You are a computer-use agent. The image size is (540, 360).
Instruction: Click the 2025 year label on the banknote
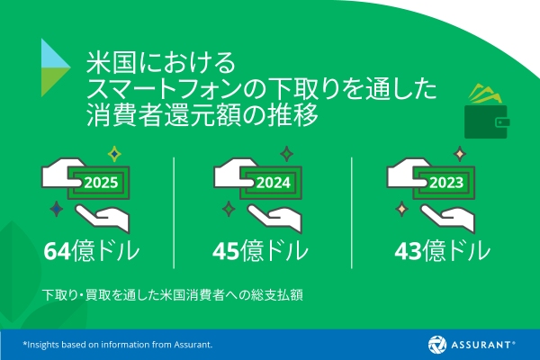coord(101,183)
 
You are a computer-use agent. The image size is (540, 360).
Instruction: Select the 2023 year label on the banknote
coord(446,183)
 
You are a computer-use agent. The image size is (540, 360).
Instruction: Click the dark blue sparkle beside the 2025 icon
coord(56,210)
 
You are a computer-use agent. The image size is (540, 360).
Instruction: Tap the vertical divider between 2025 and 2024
coord(174,205)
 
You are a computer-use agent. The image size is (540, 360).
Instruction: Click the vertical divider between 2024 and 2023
coord(352,205)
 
